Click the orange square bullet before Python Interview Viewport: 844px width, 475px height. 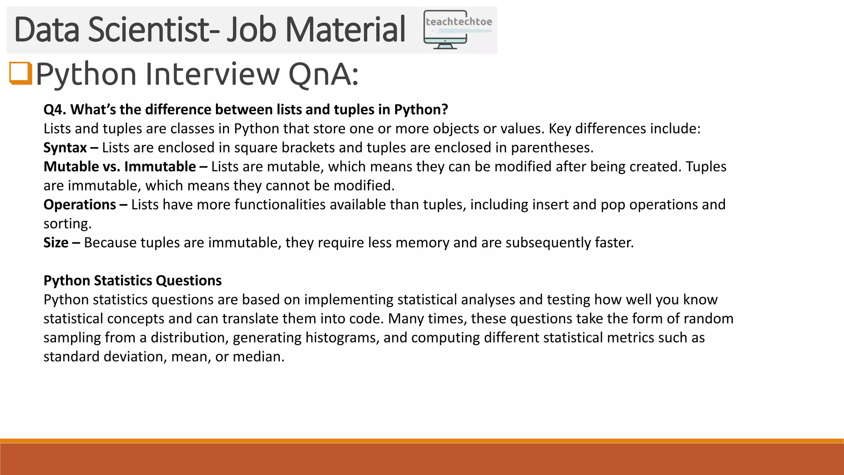point(21,73)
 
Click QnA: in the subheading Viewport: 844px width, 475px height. point(323,74)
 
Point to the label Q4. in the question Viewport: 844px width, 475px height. point(55,110)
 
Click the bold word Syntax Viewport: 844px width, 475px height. point(65,148)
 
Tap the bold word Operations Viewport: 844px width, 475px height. point(80,205)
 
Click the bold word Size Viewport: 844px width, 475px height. point(56,242)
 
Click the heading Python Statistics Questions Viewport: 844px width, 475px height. point(132,280)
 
